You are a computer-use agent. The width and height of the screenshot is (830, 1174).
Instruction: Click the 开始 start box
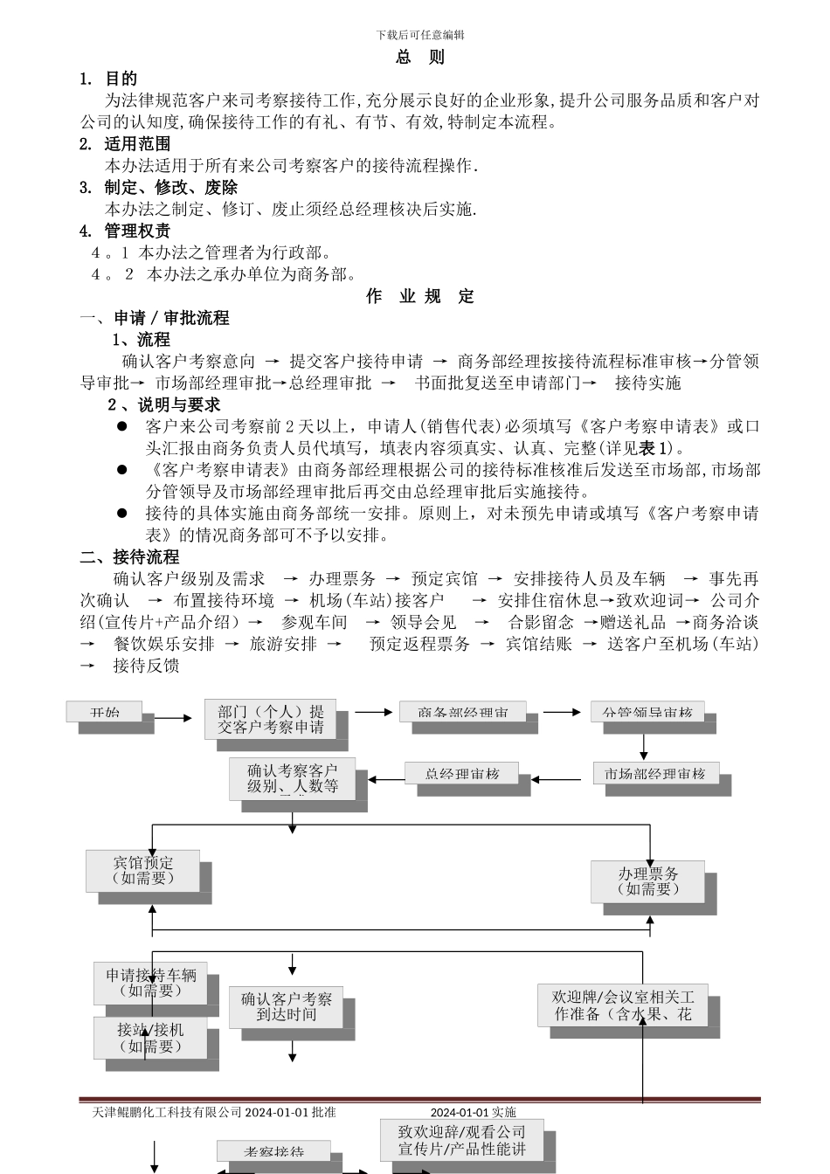tap(104, 712)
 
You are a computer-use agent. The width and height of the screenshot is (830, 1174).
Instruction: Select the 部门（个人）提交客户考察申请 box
tap(271, 719)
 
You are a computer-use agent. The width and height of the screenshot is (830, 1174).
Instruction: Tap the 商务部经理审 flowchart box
tap(463, 712)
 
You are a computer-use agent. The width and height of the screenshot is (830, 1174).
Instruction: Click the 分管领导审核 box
tap(647, 712)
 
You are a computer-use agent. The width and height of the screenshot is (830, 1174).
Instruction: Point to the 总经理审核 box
tap(461, 773)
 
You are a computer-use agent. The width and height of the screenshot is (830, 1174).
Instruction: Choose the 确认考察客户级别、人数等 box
tap(293, 778)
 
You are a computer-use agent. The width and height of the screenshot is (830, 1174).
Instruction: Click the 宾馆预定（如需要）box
tap(143, 871)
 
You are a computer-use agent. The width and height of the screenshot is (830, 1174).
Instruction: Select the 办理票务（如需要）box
tap(647, 881)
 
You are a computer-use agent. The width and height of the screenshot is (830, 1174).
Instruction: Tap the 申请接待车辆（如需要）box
tap(151, 983)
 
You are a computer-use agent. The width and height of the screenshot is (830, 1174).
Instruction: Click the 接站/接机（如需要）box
tap(151, 1038)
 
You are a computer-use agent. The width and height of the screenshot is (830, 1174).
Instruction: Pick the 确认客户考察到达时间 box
tap(287, 1006)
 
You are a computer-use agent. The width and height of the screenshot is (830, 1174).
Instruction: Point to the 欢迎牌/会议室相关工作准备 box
tap(622, 1005)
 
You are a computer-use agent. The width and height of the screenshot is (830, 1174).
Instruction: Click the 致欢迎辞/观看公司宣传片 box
tap(461, 1140)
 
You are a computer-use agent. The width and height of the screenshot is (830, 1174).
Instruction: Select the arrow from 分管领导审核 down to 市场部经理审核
tap(644, 746)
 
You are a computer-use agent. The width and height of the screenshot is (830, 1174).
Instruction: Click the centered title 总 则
tap(420, 58)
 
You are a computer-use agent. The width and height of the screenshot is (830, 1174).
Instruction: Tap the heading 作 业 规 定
tap(420, 296)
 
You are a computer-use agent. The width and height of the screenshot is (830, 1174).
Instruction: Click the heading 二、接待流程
tap(129, 556)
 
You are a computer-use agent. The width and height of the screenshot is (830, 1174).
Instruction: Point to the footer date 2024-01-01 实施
tap(473, 1112)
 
